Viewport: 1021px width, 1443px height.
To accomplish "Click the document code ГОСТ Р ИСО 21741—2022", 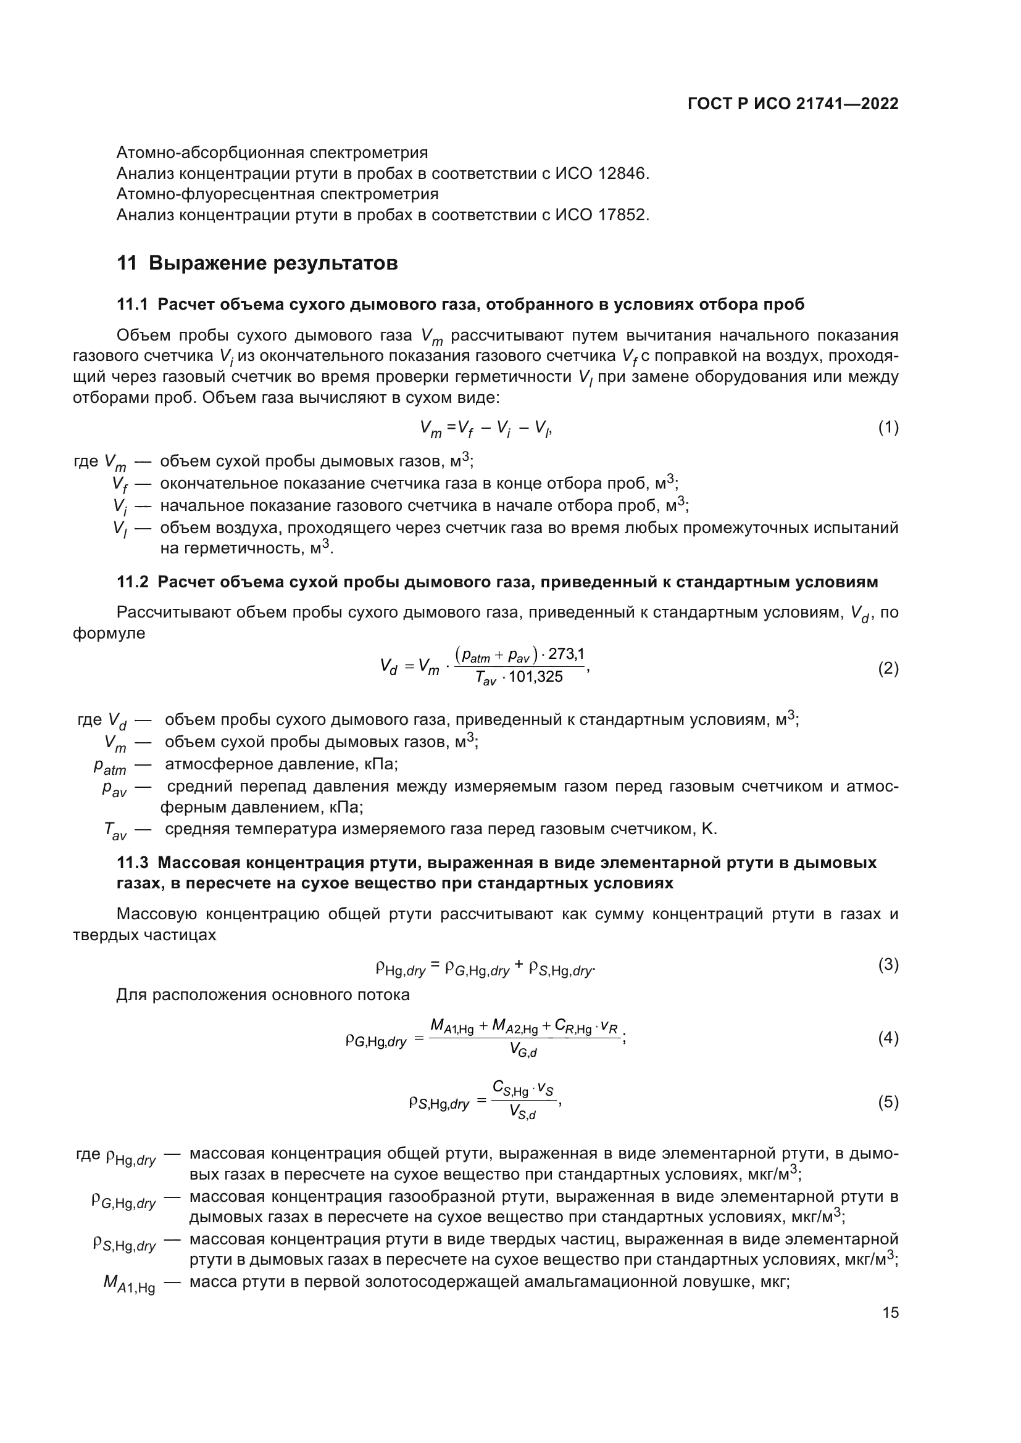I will [793, 104].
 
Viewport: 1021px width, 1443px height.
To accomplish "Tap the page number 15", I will [890, 1313].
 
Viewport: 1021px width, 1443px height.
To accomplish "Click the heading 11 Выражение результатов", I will [257, 263].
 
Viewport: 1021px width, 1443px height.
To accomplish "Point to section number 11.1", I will [132, 305].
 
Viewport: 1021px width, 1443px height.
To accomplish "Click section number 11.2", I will [132, 582].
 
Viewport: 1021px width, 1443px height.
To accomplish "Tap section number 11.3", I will [132, 863].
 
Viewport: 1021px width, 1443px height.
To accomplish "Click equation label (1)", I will [888, 428].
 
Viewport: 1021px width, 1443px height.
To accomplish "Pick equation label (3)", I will [888, 965].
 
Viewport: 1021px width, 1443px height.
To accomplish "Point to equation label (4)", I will [888, 1038].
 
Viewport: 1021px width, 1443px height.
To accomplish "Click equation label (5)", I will [888, 1102].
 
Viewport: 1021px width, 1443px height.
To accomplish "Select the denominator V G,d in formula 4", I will [523, 1049].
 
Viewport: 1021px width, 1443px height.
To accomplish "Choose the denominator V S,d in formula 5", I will [522, 1113].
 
